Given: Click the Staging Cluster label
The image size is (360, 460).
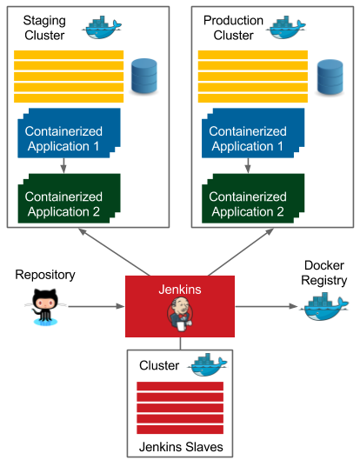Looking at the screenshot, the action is pos(44,28).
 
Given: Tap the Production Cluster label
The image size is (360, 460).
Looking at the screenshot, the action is pos(233,28).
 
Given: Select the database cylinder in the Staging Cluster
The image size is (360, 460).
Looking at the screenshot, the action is pos(144,76).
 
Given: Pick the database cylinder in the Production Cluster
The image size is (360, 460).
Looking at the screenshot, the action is pos(330,77).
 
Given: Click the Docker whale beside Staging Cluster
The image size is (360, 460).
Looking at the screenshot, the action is pos(102,28).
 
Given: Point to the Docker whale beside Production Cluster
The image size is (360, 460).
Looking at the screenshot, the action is pos(286,28).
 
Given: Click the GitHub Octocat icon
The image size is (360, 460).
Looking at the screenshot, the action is pos(45,307).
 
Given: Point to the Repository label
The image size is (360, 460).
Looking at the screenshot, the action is pos(45,275).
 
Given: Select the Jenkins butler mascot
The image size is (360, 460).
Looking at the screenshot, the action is pos(180,314).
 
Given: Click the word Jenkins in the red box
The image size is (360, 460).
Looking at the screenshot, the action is pos(180,290).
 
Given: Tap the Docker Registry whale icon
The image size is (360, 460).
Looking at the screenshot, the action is pos(323,308).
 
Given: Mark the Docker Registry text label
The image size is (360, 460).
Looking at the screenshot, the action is pos(323,273).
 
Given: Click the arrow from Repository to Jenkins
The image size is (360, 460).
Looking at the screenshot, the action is pos(97,307).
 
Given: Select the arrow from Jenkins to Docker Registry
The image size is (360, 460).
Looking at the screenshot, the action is pos(266,307).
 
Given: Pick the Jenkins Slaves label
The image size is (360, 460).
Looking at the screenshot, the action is pos(181,447).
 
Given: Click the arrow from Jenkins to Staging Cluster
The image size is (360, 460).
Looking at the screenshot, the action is pos(115,252).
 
